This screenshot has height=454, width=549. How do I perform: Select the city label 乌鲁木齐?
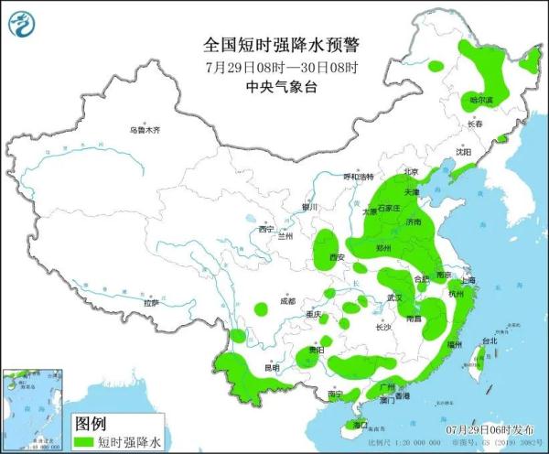[x=145, y=130]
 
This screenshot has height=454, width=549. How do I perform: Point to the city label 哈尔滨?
[x=480, y=99]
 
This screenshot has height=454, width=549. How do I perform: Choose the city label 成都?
[x=288, y=300]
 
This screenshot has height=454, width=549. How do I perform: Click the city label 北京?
[x=411, y=172]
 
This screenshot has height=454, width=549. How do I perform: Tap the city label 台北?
[x=490, y=341]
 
